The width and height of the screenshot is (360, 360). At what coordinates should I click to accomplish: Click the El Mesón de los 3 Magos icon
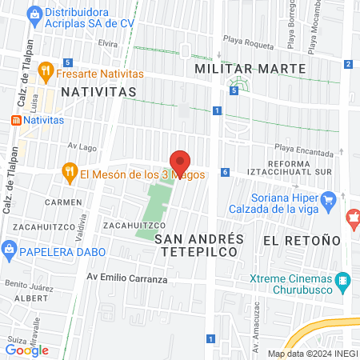coord(70,174)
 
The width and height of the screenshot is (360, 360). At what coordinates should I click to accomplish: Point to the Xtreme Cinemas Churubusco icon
coord(344,280)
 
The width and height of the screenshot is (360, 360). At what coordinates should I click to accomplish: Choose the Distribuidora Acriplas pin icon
coord(34,14)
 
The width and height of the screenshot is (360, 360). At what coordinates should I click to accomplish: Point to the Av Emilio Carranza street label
coord(128,279)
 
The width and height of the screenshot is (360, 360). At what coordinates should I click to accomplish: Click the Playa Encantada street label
coord(304,150)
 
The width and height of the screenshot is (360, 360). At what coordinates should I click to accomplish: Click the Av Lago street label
coord(82,146)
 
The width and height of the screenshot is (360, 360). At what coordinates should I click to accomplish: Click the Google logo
coord(27,350)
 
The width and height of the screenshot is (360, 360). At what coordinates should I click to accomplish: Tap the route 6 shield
coord(226,172)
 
